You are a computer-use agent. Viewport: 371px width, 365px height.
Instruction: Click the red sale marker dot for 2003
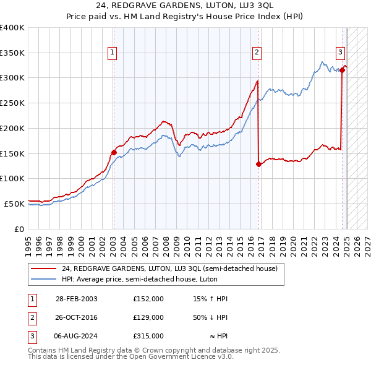pyautogui.click(x=114, y=152)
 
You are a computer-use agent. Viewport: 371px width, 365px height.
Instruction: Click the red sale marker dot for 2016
pyautogui.click(x=258, y=164)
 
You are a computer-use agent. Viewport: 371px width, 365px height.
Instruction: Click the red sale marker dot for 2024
pyautogui.click(x=342, y=70)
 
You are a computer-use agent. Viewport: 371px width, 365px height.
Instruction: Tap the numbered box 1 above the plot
pyautogui.click(x=113, y=53)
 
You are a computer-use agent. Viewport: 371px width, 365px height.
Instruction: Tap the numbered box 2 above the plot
pyautogui.click(x=256, y=53)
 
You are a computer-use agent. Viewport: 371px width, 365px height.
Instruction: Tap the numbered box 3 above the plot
pyautogui.click(x=340, y=53)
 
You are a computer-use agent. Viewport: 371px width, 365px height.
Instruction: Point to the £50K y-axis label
pyautogui.click(x=14, y=204)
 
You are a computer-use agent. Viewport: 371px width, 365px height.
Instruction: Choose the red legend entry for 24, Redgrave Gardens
pyautogui.click(x=170, y=268)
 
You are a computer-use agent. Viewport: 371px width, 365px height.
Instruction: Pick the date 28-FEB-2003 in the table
pyautogui.click(x=77, y=299)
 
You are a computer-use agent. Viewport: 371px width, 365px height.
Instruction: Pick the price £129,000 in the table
pyautogui.click(x=148, y=317)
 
